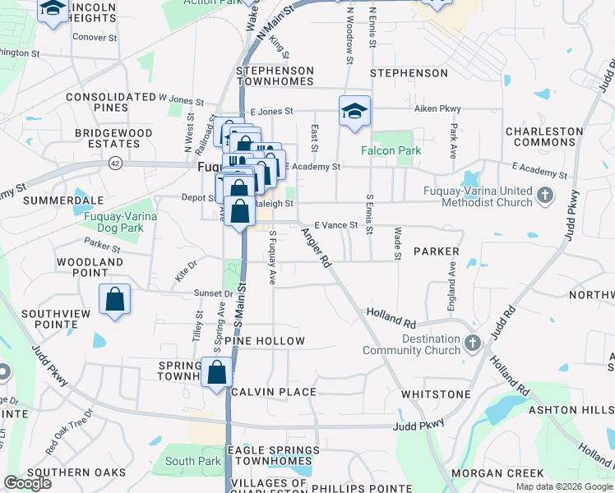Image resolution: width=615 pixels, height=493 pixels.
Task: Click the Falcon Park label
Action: [391, 150]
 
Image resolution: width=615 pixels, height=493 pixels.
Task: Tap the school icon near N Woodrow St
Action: [354, 112]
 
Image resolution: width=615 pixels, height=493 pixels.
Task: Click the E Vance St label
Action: [336, 224]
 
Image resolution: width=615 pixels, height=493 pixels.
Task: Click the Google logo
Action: [27, 483]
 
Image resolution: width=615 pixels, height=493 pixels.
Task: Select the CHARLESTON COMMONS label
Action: [544, 136]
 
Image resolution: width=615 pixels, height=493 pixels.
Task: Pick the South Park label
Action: [192, 461]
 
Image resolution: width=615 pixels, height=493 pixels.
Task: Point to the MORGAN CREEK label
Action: [508, 472]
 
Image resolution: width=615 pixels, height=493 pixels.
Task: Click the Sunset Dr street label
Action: [214, 293]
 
